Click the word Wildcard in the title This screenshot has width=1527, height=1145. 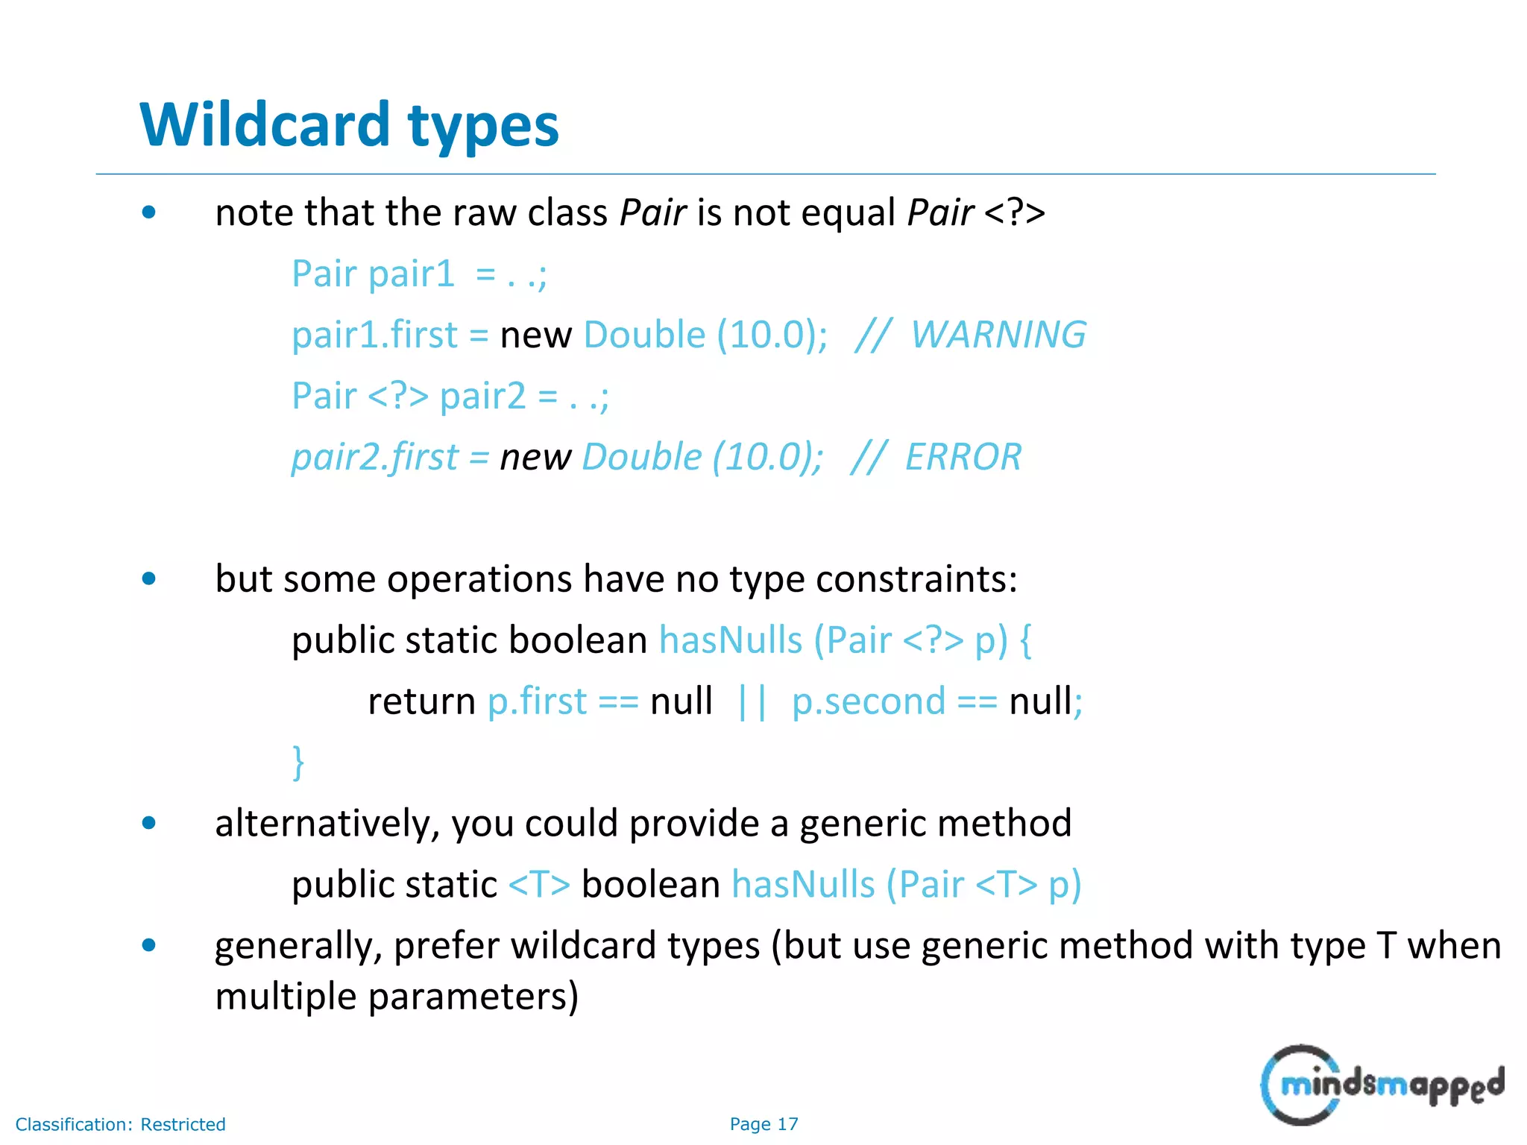point(265,124)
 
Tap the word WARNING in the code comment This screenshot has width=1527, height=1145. point(998,334)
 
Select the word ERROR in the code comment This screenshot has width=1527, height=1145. point(963,456)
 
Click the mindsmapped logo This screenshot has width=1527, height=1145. point(1382,1085)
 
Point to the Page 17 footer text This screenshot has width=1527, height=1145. point(763,1123)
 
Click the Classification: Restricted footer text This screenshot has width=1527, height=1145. point(120,1124)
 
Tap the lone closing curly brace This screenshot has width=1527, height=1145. point(298,762)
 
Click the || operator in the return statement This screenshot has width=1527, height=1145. point(752,702)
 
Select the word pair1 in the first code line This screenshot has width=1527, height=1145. point(411,274)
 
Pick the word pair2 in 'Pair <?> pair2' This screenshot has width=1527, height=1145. point(482,396)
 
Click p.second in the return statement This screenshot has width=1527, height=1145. point(869,701)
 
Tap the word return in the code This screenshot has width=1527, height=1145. point(421,701)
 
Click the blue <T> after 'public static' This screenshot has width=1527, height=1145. point(539,885)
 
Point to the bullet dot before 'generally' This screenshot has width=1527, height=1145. point(149,946)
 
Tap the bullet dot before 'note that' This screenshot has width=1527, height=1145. point(149,212)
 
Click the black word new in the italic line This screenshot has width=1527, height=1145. point(535,457)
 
